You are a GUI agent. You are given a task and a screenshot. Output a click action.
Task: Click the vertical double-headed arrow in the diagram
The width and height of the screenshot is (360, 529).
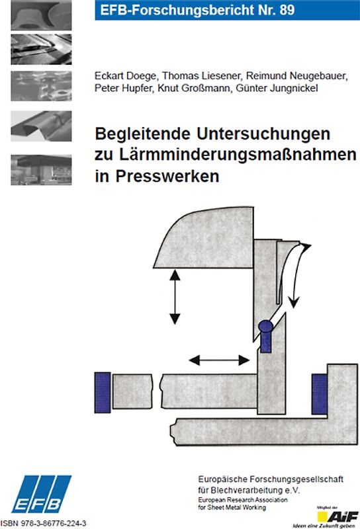(175, 295)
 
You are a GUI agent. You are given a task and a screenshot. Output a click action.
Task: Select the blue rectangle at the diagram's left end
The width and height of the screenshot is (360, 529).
(103, 391)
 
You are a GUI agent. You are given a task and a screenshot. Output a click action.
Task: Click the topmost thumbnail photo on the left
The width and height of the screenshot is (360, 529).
(41, 15)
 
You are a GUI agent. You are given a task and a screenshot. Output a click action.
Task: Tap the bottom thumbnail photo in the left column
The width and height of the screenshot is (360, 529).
(41, 170)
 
